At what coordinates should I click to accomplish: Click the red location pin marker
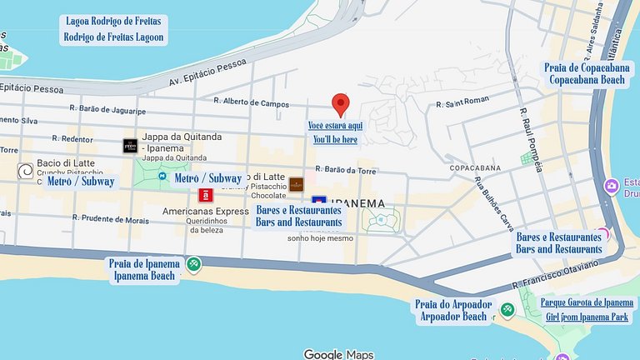[340, 104]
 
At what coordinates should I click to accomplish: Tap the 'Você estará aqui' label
[335, 125]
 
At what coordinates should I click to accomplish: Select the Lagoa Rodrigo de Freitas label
[114, 22]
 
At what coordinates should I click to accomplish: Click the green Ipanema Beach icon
[193, 265]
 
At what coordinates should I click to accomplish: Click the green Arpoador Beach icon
[507, 310]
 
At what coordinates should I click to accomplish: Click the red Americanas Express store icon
[205, 195]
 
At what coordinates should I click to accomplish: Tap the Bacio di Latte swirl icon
[26, 171]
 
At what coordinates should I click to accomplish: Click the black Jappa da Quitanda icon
[129, 145]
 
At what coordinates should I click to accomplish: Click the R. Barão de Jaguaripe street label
[107, 111]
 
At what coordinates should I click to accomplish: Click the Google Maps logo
[338, 354]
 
